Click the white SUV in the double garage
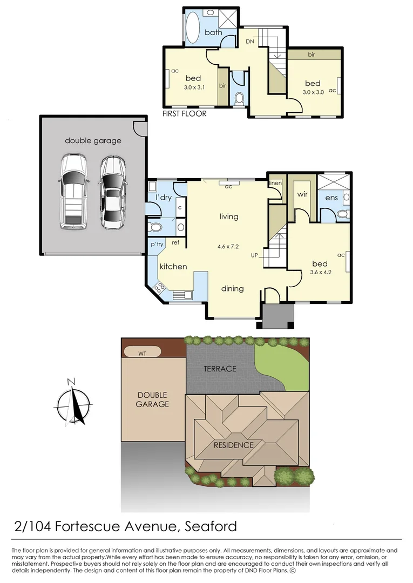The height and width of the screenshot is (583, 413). pyautogui.click(x=73, y=192)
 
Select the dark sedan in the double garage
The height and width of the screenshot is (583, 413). pyautogui.click(x=113, y=192)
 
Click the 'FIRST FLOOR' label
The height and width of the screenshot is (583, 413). pyautogui.click(x=185, y=114)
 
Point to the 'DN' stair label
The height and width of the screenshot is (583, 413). pyautogui.click(x=249, y=42)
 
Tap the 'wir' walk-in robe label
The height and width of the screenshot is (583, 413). pyautogui.click(x=302, y=194)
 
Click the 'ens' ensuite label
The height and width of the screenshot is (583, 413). pyautogui.click(x=331, y=198)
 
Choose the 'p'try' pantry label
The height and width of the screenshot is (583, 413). pyautogui.click(x=157, y=244)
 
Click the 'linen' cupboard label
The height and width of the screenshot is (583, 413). pyautogui.click(x=275, y=184)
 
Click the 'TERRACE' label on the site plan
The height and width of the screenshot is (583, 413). pyautogui.click(x=220, y=369)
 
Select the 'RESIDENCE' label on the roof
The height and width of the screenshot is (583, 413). pyautogui.click(x=233, y=445)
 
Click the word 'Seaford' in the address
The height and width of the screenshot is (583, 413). pyautogui.click(x=211, y=525)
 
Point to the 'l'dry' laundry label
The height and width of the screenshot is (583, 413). pyautogui.click(x=164, y=198)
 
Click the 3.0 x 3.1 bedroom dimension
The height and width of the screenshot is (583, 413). pyautogui.click(x=193, y=87)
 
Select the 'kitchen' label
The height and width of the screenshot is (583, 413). pyautogui.click(x=173, y=267)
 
